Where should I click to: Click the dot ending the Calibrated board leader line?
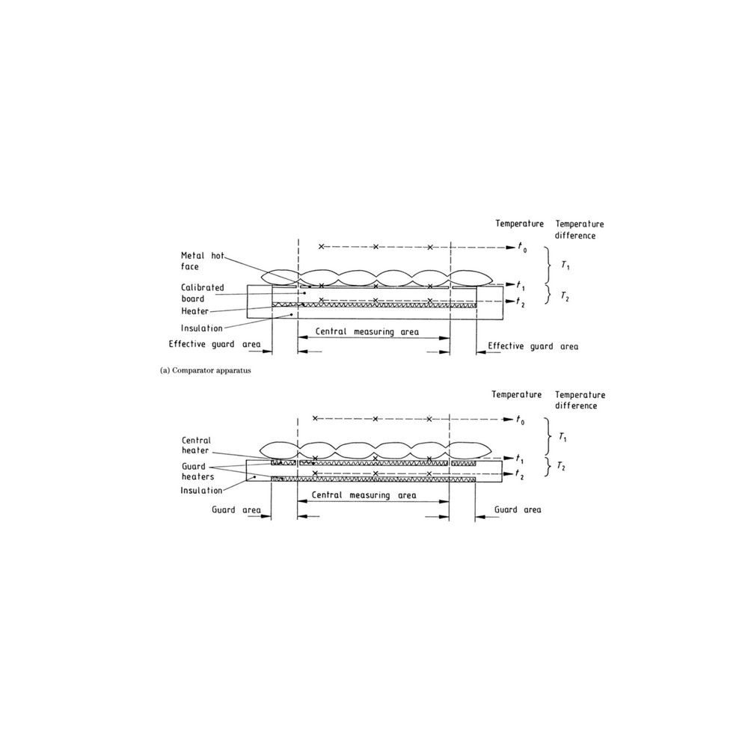(x=305, y=293)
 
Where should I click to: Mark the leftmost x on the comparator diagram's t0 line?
(x=321, y=247)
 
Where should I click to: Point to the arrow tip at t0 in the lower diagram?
(x=513, y=420)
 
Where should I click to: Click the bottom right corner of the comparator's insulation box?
(x=503, y=318)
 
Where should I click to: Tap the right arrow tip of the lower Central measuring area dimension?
(x=449, y=501)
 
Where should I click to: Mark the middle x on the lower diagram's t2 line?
(x=375, y=473)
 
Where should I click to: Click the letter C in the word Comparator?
(x=174, y=371)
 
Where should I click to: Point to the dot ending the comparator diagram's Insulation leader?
(x=292, y=315)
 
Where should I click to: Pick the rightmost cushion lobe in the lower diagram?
(x=470, y=450)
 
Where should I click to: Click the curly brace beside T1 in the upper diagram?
(x=549, y=266)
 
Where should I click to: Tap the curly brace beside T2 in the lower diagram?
(x=548, y=467)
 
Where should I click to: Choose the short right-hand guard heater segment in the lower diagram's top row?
(x=464, y=463)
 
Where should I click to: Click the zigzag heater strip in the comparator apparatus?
(x=374, y=305)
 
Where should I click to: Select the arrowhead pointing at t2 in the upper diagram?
(x=509, y=301)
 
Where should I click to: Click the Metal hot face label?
(x=202, y=261)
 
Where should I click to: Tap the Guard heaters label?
(x=197, y=471)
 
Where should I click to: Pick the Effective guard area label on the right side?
(x=533, y=346)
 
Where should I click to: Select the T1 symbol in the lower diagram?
(x=563, y=437)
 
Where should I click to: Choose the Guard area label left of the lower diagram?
(x=236, y=510)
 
